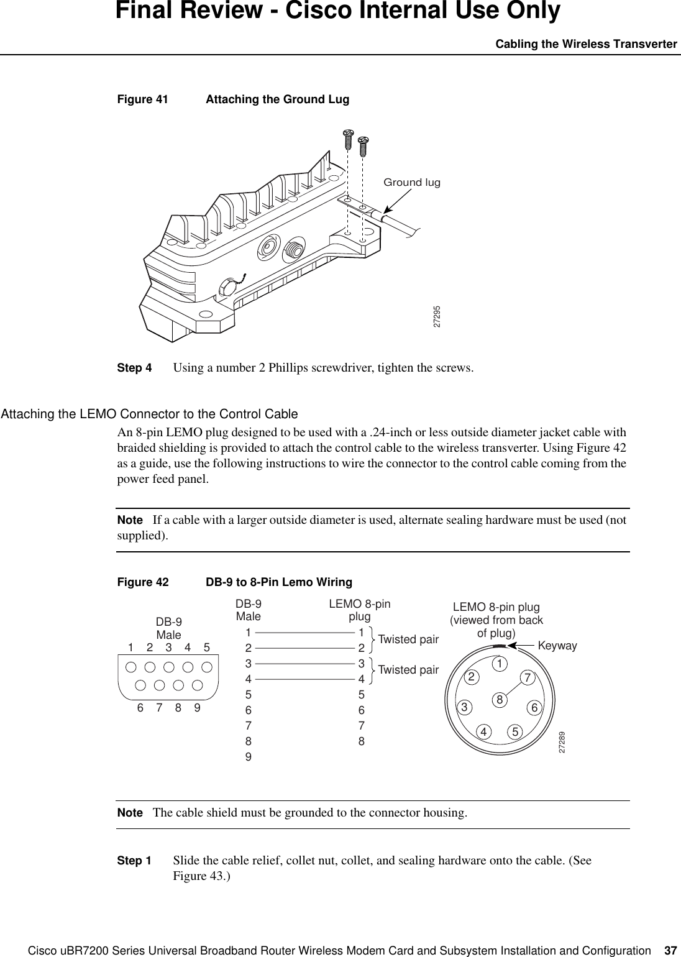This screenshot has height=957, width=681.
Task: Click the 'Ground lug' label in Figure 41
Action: (411, 183)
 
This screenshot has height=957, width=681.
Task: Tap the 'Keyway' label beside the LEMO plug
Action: (557, 646)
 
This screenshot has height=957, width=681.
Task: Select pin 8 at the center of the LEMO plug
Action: (498, 700)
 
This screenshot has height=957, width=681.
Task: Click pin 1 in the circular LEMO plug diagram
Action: (498, 664)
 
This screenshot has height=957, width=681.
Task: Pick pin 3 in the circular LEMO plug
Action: (463, 707)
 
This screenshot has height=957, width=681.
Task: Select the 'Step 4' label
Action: (134, 367)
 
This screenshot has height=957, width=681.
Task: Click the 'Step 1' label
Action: (134, 861)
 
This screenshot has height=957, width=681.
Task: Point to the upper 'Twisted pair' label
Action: (408, 639)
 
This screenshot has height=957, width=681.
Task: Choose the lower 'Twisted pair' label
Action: (408, 670)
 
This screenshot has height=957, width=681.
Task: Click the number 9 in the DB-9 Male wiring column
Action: (248, 757)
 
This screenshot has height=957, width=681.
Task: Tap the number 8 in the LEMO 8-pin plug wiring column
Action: (361, 741)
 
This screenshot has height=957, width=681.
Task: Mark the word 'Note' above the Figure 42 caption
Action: (130, 520)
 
